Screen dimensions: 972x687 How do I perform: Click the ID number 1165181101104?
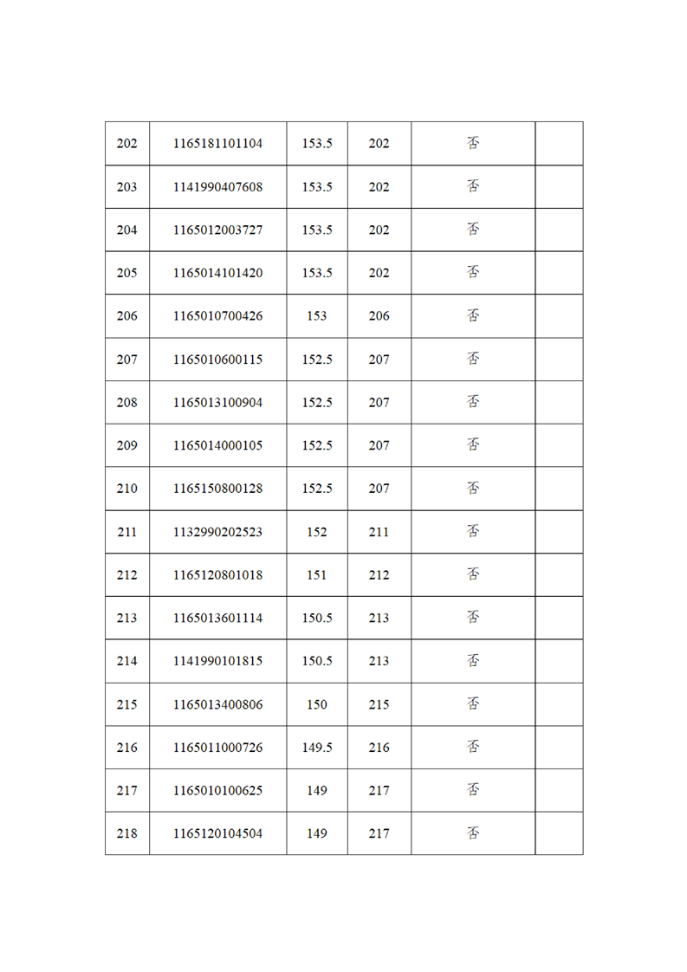tap(217, 144)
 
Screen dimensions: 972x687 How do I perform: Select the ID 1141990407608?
tap(217, 187)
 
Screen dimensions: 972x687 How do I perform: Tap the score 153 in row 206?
tap(317, 316)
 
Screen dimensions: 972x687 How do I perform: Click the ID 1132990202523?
tap(217, 532)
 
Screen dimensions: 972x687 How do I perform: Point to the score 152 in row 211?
tap(317, 532)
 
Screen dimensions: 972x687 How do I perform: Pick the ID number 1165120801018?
tap(217, 575)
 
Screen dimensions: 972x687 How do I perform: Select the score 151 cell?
tap(317, 575)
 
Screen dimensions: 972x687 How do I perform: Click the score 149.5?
tap(317, 748)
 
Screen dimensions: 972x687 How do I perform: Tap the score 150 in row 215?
tap(317, 704)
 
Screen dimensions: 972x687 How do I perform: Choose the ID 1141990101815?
tap(217, 661)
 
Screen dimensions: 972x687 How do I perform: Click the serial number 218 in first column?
tap(126, 833)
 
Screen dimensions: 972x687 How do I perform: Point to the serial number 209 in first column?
tap(126, 446)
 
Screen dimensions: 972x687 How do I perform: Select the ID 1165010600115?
tap(217, 360)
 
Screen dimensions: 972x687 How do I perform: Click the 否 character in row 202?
tap(473, 144)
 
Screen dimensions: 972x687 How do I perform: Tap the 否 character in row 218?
tap(473, 833)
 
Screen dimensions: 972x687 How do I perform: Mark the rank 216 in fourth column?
tap(379, 748)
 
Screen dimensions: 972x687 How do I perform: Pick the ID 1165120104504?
tap(217, 833)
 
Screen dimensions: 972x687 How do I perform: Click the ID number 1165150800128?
tap(217, 489)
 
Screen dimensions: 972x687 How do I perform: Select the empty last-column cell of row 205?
tap(559, 273)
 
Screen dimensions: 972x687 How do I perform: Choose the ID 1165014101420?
tap(217, 273)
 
